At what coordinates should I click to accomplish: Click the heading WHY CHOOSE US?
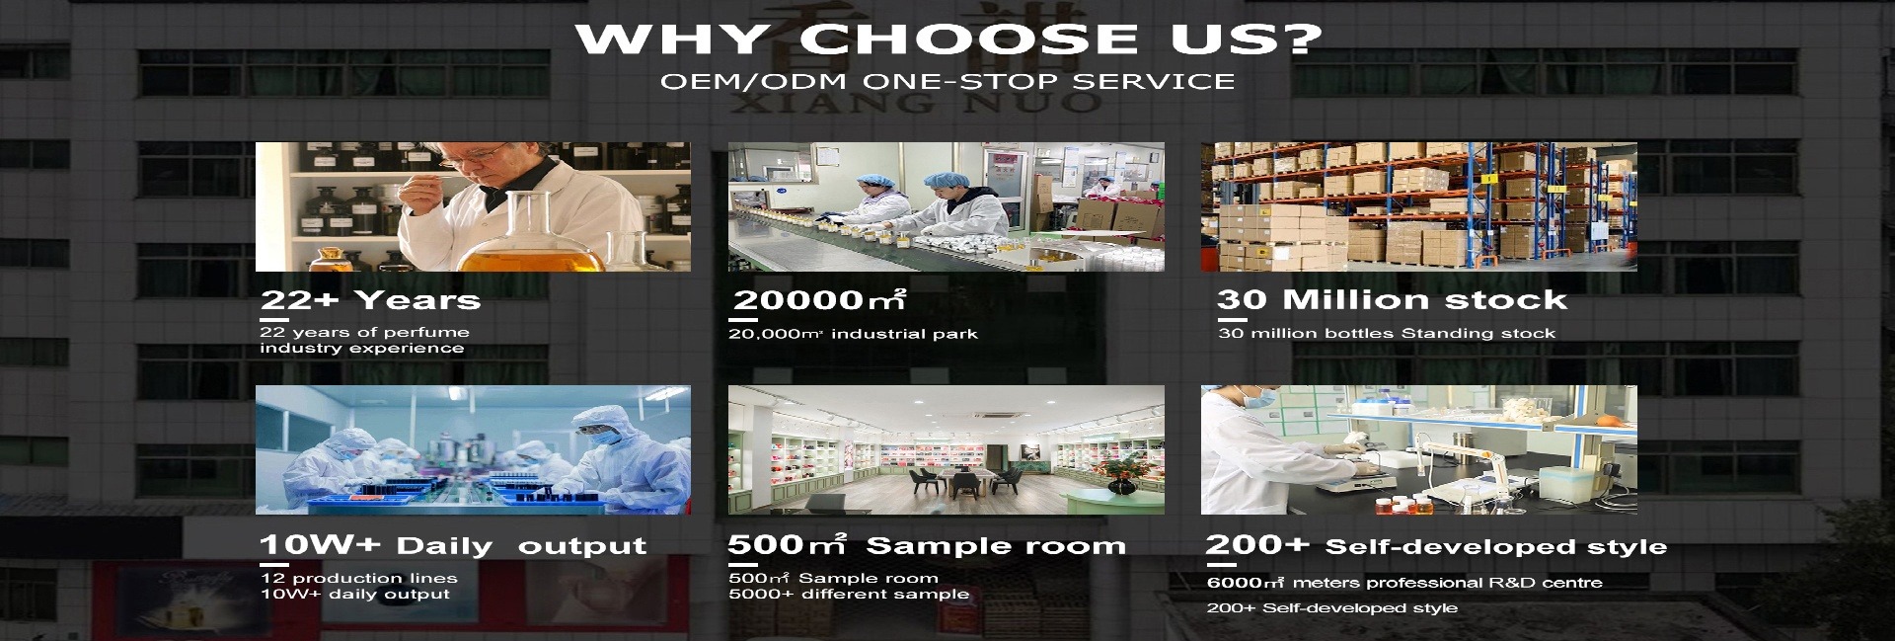pos(948,39)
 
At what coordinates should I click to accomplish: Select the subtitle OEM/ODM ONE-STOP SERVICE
pos(947,81)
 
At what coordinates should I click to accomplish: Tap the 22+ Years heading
pos(370,300)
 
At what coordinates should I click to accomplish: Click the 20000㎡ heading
pos(819,299)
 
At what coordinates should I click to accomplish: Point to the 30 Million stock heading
pos(1392,299)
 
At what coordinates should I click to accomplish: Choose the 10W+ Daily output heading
pos(453,545)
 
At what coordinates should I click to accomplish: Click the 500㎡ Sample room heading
pos(927,544)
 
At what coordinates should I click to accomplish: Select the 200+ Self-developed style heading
pos(1436,545)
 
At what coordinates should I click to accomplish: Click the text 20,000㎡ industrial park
pos(853,334)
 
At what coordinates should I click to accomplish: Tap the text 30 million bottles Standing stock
pos(1387,334)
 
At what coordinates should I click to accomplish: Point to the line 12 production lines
pos(359,578)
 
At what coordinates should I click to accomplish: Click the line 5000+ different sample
pos(849,594)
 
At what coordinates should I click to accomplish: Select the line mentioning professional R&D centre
pos(1404,583)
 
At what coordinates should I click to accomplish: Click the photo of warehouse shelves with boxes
pos(1418,206)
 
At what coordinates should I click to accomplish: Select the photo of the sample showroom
pos(946,449)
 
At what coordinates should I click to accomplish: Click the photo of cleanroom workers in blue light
pos(473,449)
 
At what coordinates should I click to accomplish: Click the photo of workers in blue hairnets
pos(946,206)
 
